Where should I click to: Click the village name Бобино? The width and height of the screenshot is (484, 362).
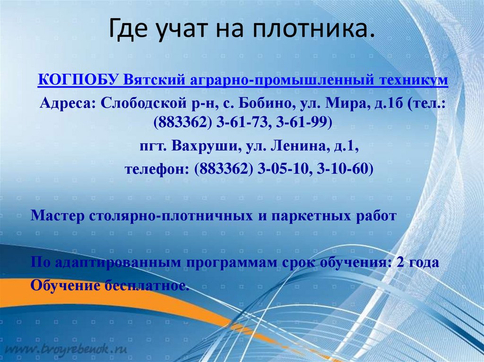pyautogui.click(x=266, y=103)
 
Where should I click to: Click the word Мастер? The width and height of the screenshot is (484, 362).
pyautogui.click(x=58, y=216)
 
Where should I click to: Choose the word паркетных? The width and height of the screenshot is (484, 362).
pyautogui.click(x=306, y=216)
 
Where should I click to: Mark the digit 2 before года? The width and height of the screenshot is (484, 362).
pyautogui.click(x=401, y=262)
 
